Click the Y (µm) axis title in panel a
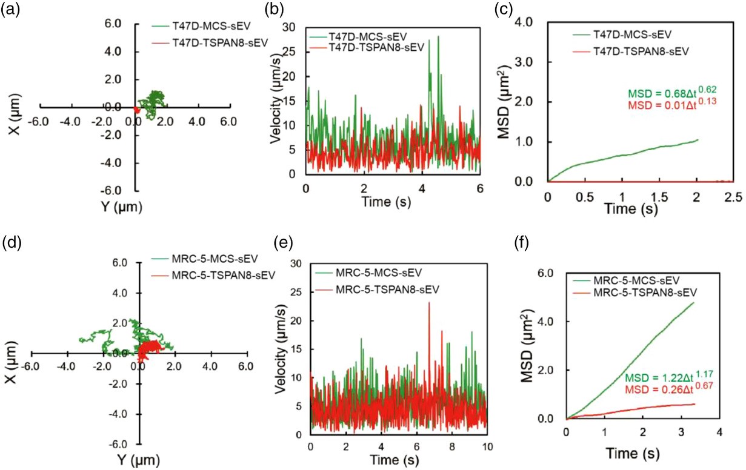120,207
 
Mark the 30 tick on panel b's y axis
293,27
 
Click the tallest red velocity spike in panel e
429,302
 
